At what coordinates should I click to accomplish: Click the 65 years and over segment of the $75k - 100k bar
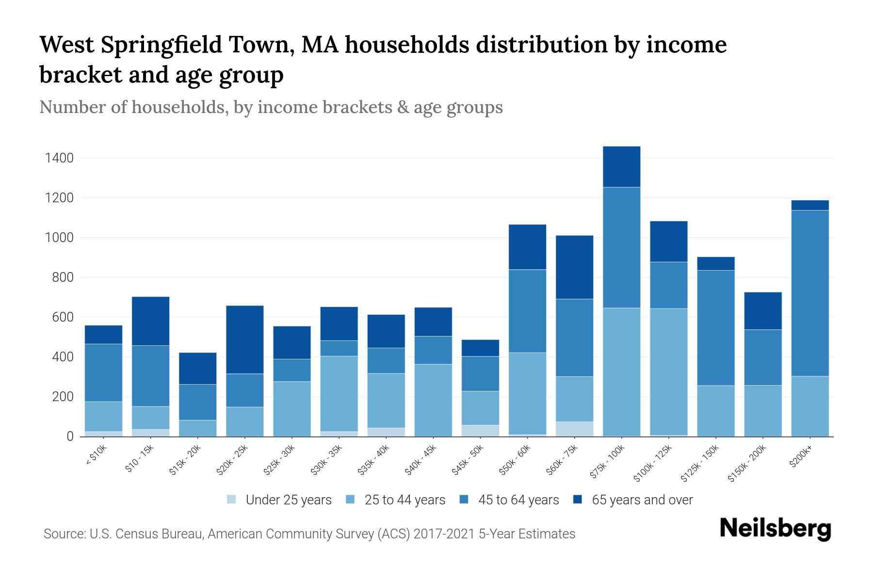pos(621,166)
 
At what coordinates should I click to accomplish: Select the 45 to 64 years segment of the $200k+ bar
pos(809,293)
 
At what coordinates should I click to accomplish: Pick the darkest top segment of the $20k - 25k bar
pos(244,339)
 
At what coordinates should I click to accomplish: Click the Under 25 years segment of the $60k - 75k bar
pos(574,429)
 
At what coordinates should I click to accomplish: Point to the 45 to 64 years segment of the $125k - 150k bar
pos(715,328)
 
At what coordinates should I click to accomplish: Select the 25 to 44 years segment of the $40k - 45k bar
pos(433,400)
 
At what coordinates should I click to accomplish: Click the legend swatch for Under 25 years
pos(232,499)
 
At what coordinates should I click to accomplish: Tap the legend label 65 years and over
pos(642,500)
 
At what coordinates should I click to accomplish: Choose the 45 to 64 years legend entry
pos(518,500)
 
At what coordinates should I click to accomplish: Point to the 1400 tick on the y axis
pos(59,158)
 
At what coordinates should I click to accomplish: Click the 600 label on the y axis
pos(63,317)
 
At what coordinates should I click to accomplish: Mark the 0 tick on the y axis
pos(70,436)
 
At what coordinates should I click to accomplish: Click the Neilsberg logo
pos(775,529)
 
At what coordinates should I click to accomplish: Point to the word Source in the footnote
pos(63,534)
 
